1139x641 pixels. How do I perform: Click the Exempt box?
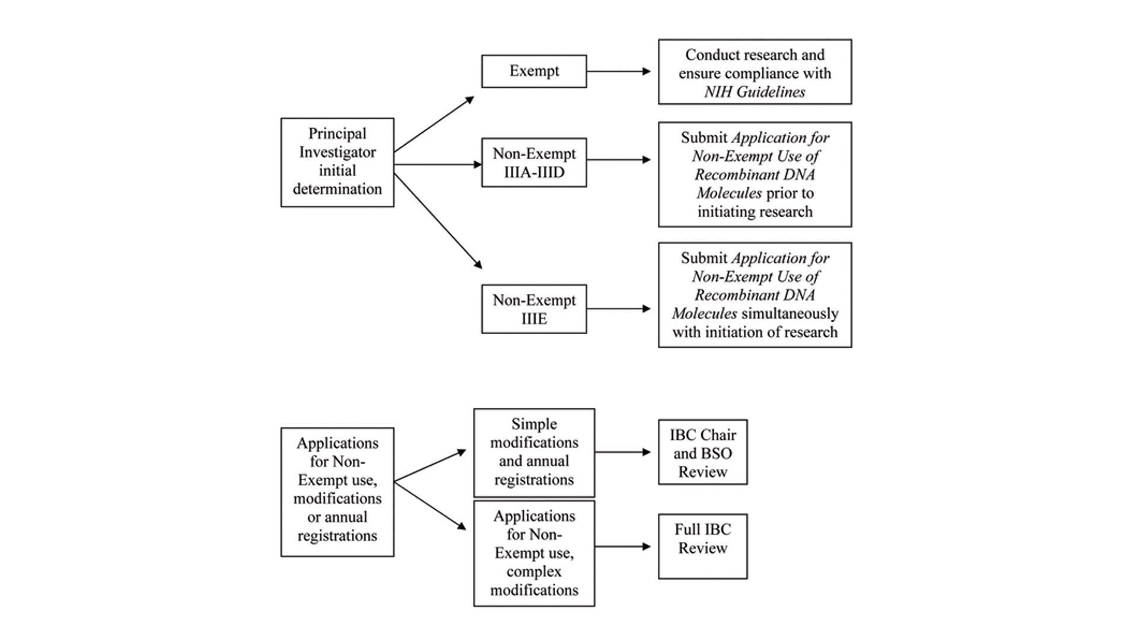point(534,71)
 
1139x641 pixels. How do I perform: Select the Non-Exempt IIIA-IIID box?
point(534,163)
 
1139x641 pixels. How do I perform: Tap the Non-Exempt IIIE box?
point(534,309)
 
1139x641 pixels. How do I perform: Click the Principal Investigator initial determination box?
point(337,162)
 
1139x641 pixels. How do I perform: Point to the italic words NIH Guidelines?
point(755,92)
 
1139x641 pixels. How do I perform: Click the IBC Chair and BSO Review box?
point(702,452)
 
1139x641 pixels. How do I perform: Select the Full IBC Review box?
point(702,546)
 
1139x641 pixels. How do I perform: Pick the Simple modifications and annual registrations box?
point(534,452)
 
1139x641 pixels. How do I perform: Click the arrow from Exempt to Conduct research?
point(619,71)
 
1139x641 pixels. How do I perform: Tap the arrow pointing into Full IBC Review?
point(623,546)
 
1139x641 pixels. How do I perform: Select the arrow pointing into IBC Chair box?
point(623,452)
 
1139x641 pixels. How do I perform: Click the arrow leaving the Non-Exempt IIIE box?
point(619,309)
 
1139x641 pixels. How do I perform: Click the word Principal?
point(337,134)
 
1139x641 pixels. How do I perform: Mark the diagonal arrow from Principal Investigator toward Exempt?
point(434,124)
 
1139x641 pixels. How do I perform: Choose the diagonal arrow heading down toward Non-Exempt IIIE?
point(438,221)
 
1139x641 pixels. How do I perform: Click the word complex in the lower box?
point(534,572)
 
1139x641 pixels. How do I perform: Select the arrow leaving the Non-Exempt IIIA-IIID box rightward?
point(619,160)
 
